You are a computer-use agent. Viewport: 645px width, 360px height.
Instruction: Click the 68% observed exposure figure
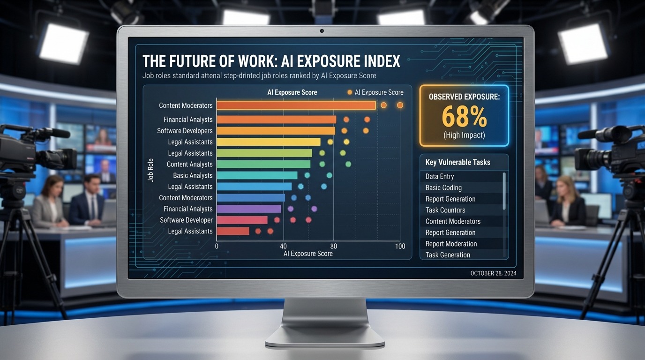pyautogui.click(x=464, y=117)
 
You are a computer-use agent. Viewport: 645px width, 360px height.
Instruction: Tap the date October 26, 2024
pyautogui.click(x=493, y=274)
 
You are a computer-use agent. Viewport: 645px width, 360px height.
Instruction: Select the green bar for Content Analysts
pyautogui.click(x=263, y=164)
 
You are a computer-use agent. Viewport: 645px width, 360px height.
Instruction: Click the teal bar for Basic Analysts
pyautogui.click(x=257, y=175)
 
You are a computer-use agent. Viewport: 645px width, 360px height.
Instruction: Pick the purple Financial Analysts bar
pyautogui.click(x=249, y=209)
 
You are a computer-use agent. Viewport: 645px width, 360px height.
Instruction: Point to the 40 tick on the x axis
pyautogui.click(x=283, y=247)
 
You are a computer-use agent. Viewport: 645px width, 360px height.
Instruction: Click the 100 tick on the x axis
pyautogui.click(x=400, y=247)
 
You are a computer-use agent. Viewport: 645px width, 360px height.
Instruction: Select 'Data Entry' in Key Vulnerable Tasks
pyautogui.click(x=439, y=177)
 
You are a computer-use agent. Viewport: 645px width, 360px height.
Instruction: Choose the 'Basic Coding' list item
pyautogui.click(x=443, y=188)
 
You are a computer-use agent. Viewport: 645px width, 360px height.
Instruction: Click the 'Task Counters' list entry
pyautogui.click(x=445, y=210)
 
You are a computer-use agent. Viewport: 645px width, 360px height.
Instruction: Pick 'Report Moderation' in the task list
pyautogui.click(x=451, y=244)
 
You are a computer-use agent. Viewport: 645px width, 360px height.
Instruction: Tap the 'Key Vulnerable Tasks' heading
pyautogui.click(x=457, y=162)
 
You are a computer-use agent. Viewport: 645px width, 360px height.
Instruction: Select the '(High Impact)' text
pyautogui.click(x=464, y=135)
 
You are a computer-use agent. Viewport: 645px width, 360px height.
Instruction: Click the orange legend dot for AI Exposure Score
pyautogui.click(x=349, y=92)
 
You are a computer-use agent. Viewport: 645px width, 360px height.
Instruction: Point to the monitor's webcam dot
pyautogui.click(x=322, y=31)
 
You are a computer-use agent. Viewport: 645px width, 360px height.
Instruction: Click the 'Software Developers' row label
pyautogui.click(x=185, y=131)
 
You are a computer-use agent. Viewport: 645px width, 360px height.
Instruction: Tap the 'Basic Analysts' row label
pyautogui.click(x=193, y=175)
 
